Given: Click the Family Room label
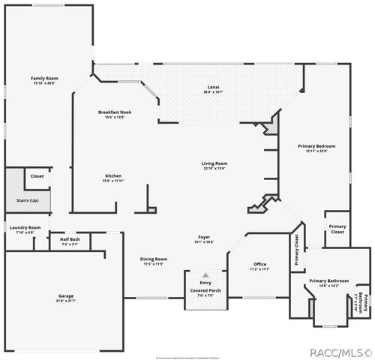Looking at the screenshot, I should [x=45, y=78].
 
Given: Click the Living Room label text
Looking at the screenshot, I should [x=214, y=163].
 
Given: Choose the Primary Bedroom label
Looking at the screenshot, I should [x=316, y=145].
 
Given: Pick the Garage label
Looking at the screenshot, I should [x=66, y=295].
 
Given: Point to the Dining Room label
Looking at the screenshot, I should [x=154, y=259].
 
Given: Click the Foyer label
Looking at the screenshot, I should [x=205, y=238].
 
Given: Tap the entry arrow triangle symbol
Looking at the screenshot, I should [x=205, y=276].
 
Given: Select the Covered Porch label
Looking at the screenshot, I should [x=205, y=290].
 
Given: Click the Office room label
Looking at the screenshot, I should [x=259, y=264].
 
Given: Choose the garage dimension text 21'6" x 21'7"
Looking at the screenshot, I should [x=66, y=301].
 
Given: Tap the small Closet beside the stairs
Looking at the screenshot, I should [x=37, y=176].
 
